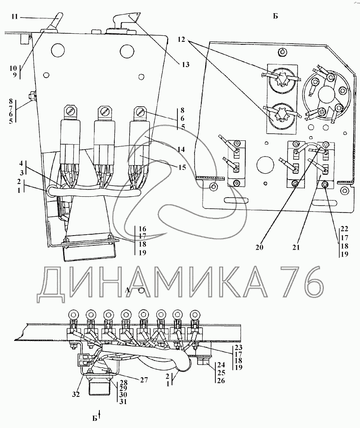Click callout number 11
pyautogui.click(x=15, y=17)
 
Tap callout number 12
pyautogui.click(x=181, y=40)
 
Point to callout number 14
pyautogui.click(x=181, y=149)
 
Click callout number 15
pyautogui.click(x=182, y=167)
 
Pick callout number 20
pyautogui.click(x=260, y=247)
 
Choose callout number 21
pyautogui.click(x=296, y=247)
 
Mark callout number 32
pyautogui.click(x=76, y=394)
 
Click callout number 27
pyautogui.click(x=144, y=380)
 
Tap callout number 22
pyautogui.click(x=345, y=229)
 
